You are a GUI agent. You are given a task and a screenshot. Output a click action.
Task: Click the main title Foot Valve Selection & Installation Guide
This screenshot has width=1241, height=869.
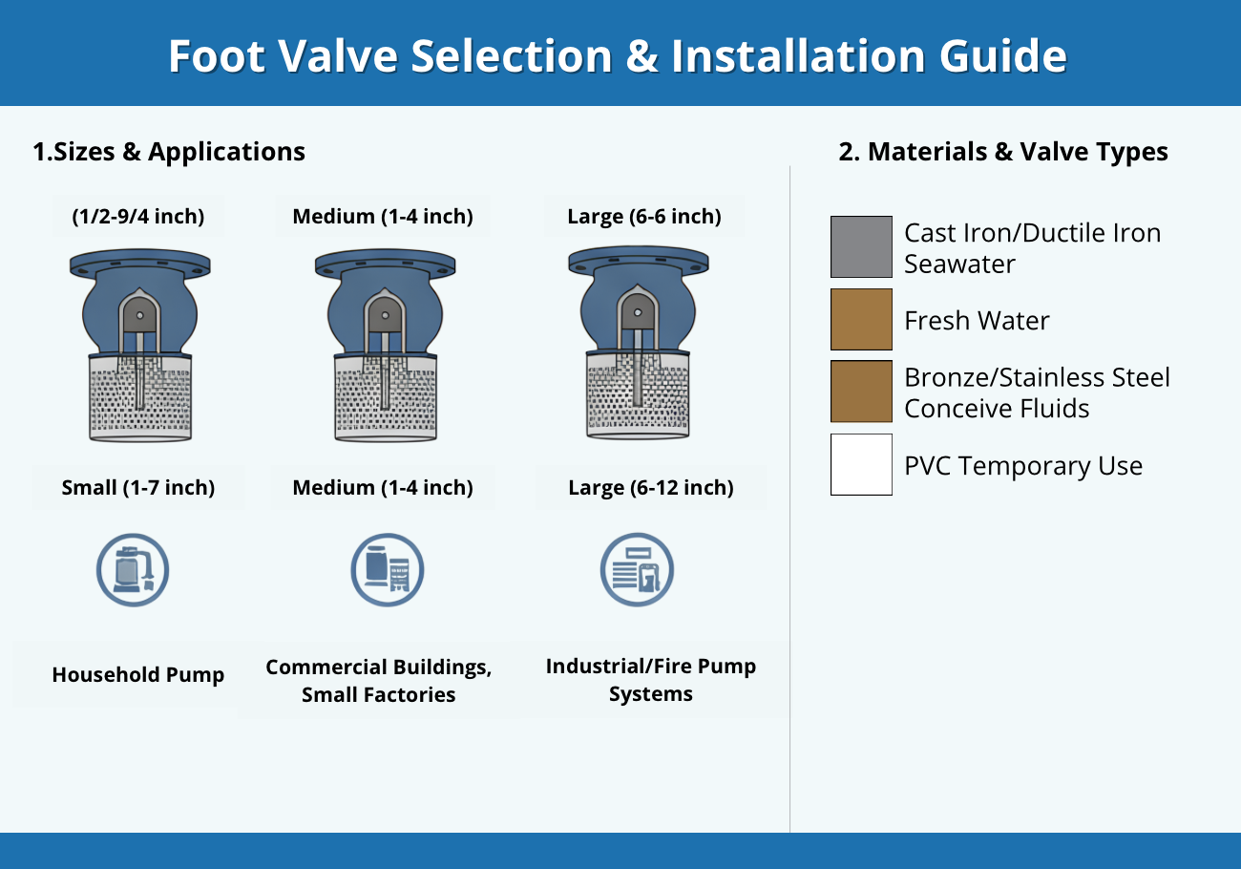618,55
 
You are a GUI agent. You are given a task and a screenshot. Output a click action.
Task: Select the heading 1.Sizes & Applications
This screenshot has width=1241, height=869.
169,152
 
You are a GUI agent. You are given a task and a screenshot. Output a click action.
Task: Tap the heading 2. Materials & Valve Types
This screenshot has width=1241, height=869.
1003,152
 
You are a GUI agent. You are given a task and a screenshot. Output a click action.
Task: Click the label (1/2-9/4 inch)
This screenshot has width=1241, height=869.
138,216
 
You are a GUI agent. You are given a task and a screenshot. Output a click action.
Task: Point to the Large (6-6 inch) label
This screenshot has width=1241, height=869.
644,216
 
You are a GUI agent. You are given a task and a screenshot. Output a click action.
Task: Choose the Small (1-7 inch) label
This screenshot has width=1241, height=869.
138,488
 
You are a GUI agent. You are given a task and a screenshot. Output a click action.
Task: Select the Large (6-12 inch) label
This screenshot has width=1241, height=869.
651,488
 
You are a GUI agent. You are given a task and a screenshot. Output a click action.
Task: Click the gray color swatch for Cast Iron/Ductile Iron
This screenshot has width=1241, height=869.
861,246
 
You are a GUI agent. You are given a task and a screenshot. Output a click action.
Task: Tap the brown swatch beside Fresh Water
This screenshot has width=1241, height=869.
861,319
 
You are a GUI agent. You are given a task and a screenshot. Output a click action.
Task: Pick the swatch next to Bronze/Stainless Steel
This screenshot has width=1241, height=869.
861,392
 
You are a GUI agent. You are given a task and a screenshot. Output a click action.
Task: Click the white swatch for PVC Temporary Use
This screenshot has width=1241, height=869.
861,464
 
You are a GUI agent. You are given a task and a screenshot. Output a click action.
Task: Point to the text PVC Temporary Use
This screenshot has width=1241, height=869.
1023,466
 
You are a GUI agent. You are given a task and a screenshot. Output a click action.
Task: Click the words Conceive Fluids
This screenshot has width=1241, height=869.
997,409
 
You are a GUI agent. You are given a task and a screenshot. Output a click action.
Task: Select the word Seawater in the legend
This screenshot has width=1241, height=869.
959,264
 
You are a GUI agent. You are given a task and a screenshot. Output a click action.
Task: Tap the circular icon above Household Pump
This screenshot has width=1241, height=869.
133,570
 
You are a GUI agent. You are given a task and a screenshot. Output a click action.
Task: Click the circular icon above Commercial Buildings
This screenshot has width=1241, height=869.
388,570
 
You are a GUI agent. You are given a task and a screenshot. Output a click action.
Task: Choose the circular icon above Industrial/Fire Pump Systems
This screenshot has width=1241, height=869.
637,570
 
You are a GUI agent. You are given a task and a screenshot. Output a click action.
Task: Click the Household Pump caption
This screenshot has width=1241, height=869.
138,674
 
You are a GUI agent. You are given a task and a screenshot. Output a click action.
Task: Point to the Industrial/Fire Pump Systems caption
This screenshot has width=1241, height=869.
651,680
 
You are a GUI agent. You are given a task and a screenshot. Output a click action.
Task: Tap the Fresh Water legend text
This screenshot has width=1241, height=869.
977,320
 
